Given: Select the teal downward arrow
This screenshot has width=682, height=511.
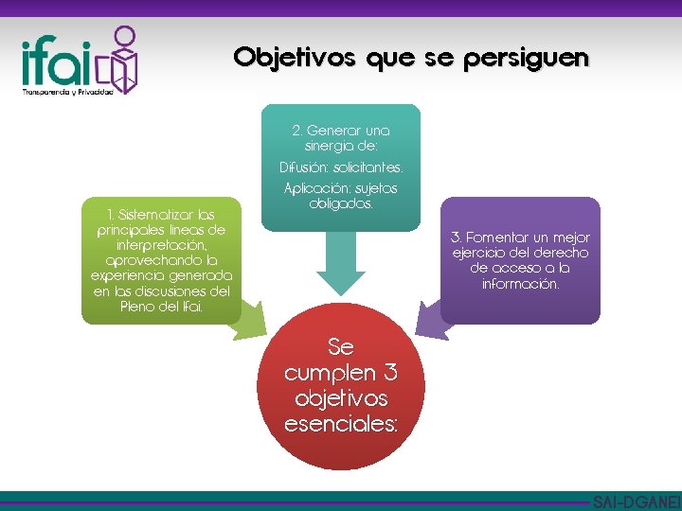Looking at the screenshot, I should point(340,266).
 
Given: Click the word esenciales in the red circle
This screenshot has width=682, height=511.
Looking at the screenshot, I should point(341,423).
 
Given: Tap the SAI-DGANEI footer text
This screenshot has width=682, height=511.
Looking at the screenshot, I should point(636,502).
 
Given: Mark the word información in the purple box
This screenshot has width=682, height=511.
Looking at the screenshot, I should point(520,283).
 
